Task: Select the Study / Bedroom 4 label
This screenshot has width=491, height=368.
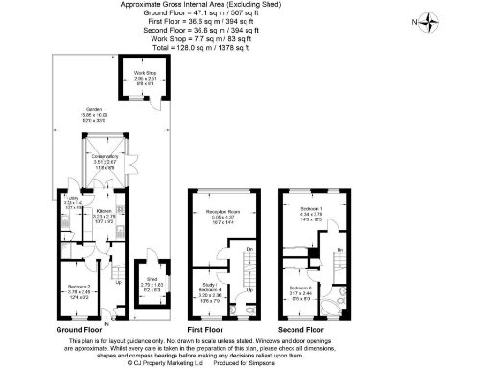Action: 209,288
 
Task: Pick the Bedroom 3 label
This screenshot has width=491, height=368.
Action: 302,290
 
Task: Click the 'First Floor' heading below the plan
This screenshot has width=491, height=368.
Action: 204,328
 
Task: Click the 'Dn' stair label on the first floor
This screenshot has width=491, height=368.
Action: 249,251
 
